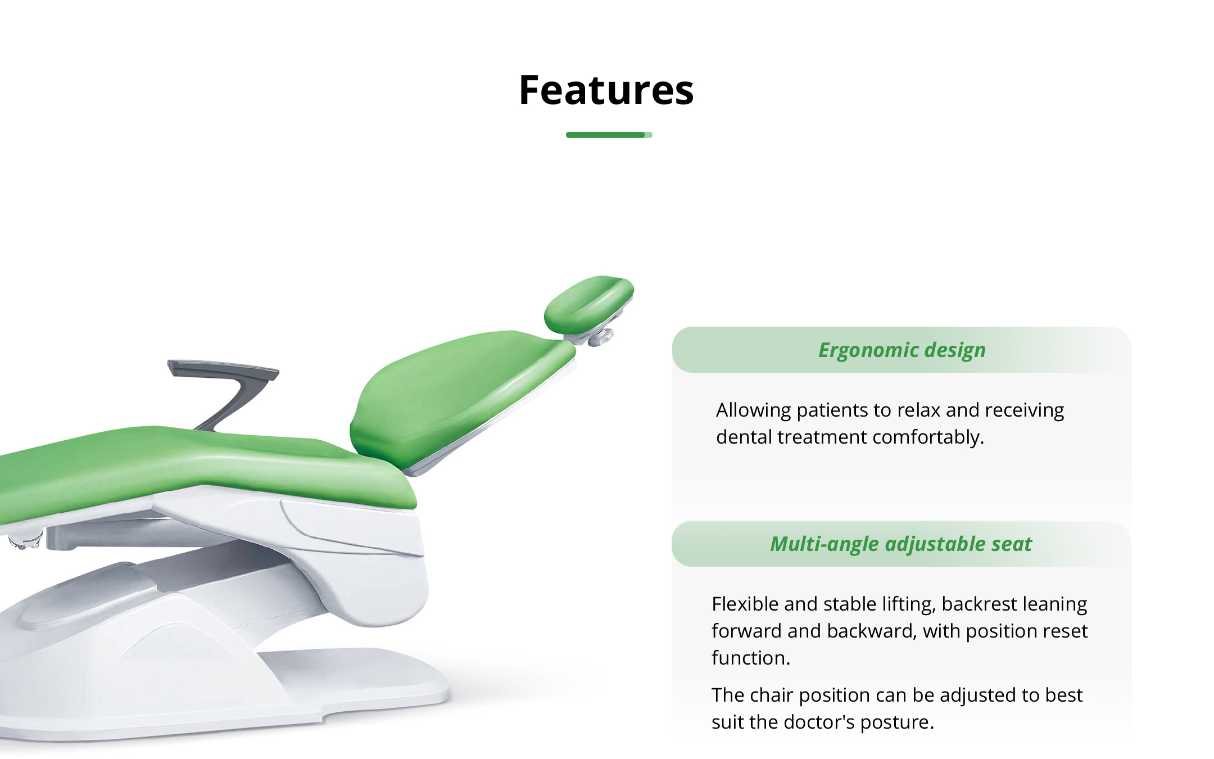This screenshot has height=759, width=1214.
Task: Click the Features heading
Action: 606,90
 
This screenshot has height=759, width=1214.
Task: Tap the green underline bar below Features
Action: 609,135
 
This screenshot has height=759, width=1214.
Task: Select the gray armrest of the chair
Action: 225,388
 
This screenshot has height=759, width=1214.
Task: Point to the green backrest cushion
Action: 461,394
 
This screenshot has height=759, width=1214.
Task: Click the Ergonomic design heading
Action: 902,350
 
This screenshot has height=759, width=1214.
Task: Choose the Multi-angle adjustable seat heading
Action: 901,544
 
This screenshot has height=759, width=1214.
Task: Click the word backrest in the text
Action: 976,604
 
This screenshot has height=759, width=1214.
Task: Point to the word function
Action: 751,658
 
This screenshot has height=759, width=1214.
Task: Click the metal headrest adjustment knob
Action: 600,337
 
